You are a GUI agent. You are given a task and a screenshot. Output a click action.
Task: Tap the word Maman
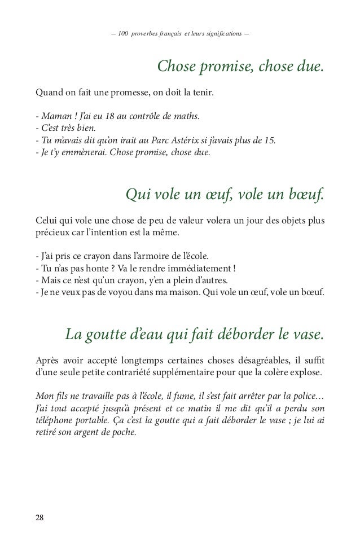53,117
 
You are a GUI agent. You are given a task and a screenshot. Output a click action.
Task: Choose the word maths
187,117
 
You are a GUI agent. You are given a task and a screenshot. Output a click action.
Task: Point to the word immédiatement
196,269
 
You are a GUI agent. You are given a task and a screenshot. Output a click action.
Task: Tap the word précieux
54,233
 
